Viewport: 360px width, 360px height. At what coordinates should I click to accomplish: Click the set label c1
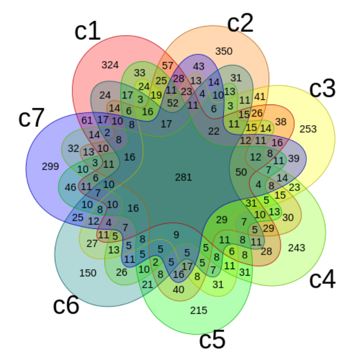88,31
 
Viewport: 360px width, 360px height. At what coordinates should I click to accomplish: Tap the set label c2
240,24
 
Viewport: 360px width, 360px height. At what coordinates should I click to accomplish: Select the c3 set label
323,88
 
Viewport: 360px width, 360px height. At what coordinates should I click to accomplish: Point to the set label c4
323,279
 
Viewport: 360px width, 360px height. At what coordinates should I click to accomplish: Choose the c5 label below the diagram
213,340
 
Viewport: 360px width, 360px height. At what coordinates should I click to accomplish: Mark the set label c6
66,305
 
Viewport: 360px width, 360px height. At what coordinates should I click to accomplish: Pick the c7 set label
31,118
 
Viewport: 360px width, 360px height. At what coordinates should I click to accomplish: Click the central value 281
183,177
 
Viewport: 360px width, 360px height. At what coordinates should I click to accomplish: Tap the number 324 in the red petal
110,65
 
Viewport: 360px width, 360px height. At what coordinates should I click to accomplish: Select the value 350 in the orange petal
224,51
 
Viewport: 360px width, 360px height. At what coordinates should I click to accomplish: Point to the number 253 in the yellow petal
308,129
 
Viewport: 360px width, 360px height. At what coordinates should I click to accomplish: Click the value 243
297,248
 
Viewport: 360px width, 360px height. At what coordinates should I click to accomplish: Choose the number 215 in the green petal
199,310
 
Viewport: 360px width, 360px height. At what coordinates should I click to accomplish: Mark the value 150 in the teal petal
88,273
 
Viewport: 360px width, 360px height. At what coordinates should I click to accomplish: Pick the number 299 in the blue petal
51,166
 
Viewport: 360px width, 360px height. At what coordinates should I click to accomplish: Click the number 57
168,66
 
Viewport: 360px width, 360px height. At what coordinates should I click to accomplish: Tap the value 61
87,120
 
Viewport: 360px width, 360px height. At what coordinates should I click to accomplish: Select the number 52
173,103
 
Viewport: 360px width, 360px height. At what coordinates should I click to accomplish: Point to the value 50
241,172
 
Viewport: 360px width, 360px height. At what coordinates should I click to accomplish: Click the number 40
178,290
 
